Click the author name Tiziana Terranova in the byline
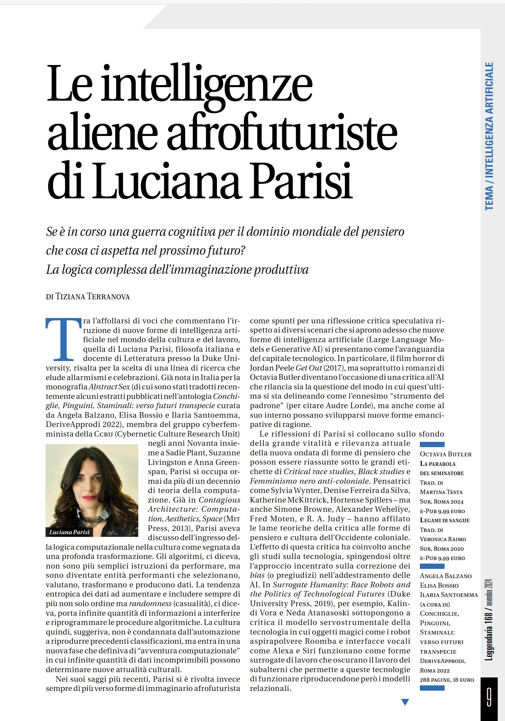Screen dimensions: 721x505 [92, 297]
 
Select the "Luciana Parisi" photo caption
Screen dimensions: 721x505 [69, 532]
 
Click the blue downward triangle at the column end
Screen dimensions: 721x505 [405, 702]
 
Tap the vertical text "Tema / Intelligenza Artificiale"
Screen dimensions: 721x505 [489, 136]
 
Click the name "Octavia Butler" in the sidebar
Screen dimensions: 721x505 [446, 454]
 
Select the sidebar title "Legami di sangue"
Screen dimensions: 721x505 [444, 520]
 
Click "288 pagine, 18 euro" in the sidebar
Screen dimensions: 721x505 [447, 680]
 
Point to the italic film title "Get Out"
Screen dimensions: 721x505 [309, 368]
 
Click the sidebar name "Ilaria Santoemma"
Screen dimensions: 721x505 [449, 595]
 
